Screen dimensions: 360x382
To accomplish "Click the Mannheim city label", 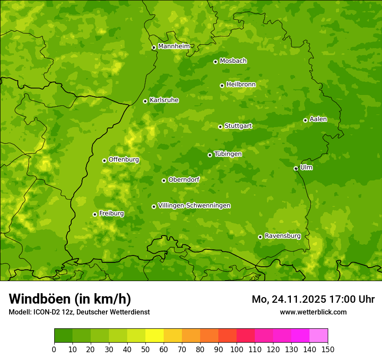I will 174,46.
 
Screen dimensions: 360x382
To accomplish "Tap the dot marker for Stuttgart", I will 221,127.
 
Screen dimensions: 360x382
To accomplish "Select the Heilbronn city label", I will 241,85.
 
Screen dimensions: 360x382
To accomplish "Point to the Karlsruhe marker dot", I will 145,101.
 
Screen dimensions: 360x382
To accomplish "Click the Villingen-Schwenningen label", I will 194,206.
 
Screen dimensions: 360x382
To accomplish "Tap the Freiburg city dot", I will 95,214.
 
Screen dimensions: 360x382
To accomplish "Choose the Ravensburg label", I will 283,236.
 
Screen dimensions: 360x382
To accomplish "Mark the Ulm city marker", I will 296,168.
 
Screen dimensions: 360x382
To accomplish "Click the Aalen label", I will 318,119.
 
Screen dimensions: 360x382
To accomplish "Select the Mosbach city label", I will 233,61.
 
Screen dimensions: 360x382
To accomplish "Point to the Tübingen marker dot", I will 210,155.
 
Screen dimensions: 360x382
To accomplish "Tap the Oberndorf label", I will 184,180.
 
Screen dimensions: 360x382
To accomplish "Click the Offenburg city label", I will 124,160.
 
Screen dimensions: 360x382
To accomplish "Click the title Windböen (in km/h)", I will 69,299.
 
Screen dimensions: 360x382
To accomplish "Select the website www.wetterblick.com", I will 313,312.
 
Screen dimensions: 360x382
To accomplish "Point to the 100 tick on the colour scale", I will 237,349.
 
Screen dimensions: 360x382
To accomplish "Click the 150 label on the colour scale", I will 328,349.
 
